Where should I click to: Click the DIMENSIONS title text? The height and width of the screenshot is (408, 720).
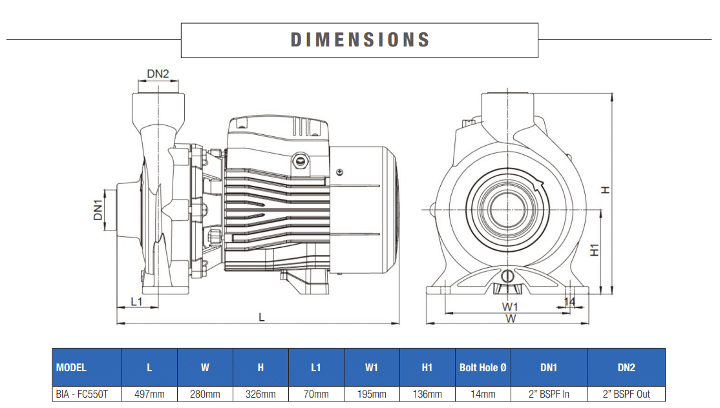(359, 40)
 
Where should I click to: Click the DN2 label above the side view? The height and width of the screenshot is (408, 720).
(158, 74)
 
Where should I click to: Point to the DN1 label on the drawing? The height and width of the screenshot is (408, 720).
(98, 210)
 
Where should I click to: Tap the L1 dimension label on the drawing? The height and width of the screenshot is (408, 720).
(136, 301)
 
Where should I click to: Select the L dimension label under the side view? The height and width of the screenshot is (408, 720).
(261, 316)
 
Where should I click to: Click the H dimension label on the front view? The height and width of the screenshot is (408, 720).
(605, 190)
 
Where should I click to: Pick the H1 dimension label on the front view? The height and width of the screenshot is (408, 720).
(595, 250)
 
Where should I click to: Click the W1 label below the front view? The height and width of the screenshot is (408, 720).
(510, 306)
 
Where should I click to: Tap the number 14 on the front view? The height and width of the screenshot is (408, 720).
(569, 301)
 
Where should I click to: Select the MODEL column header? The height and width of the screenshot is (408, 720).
(72, 367)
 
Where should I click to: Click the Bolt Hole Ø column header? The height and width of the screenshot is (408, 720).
(483, 367)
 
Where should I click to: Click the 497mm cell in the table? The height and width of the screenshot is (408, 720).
(149, 394)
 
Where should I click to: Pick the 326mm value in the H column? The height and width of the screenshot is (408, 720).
(260, 394)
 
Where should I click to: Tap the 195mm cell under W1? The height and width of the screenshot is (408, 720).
(372, 394)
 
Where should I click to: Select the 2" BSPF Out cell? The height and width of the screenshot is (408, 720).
(626, 394)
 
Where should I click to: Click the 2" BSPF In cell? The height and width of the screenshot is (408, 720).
(548, 394)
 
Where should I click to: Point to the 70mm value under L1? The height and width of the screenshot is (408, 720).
(316, 394)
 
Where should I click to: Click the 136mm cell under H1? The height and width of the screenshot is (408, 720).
(427, 394)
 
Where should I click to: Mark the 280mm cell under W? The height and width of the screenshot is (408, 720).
(205, 394)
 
